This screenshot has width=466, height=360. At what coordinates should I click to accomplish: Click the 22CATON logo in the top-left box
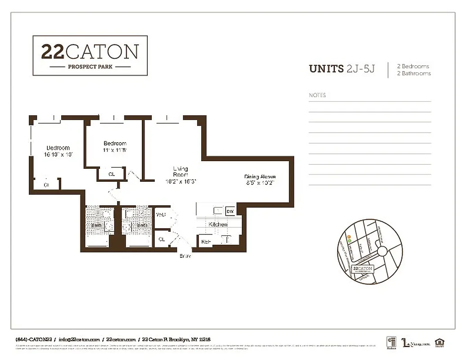click(90, 51)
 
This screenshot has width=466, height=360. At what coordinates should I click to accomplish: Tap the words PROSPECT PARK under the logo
click(90, 67)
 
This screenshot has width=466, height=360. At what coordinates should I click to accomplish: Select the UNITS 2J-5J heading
click(342, 69)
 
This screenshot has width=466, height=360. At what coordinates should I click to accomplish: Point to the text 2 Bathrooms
click(413, 73)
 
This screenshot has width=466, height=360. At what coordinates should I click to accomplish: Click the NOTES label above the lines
click(317, 95)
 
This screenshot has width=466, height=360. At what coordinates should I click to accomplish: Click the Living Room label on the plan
click(181, 172)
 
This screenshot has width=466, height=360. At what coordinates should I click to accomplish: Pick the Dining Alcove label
click(260, 177)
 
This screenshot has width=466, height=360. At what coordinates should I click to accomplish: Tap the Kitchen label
click(218, 224)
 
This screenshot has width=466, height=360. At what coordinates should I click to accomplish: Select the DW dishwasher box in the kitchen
click(230, 211)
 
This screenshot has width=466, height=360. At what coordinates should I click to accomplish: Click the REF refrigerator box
click(206, 242)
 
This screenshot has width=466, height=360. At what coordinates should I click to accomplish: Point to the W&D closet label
click(161, 215)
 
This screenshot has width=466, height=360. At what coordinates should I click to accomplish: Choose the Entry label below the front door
click(185, 256)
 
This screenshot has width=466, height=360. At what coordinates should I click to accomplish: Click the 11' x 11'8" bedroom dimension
click(115, 150)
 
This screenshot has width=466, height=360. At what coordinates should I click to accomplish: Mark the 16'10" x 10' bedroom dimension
click(58, 154)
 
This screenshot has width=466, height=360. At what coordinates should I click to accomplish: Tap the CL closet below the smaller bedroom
click(111, 174)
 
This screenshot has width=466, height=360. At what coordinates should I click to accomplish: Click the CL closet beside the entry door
click(161, 239)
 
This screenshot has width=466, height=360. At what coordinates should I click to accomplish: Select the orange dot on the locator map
click(348, 237)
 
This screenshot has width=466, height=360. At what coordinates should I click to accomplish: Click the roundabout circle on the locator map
click(383, 251)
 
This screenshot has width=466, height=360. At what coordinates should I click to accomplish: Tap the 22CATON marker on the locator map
click(362, 269)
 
